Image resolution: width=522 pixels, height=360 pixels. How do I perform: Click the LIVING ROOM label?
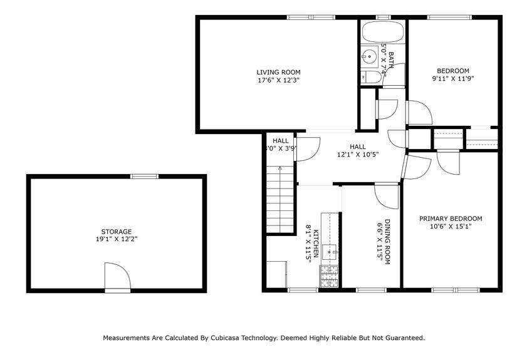pos(274,71)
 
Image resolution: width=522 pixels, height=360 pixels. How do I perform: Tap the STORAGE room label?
pos(117,232)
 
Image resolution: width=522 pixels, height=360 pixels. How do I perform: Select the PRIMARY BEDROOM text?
pos(451,219)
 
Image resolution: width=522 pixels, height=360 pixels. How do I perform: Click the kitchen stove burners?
pos(329,277)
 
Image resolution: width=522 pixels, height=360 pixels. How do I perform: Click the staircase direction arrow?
pos(280,168)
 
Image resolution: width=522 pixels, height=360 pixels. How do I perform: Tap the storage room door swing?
pos(117,275)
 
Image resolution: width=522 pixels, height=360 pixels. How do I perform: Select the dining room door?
pos(387,197)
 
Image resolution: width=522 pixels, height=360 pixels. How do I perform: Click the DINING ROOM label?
pos(387,242)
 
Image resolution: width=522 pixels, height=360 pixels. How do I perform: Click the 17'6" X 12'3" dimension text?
pos(274,80)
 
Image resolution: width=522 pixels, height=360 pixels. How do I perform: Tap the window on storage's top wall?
pos(143,177)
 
